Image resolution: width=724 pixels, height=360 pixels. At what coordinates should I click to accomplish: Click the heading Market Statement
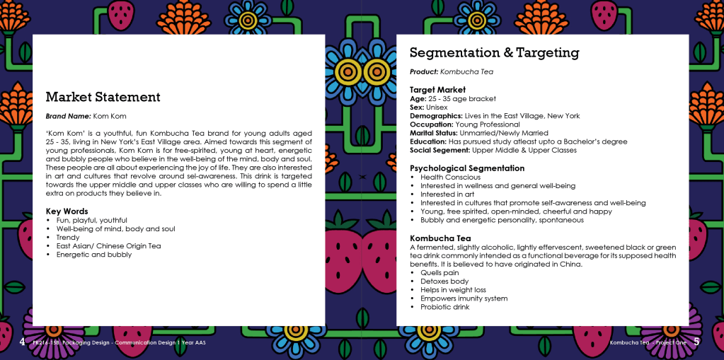[103, 97]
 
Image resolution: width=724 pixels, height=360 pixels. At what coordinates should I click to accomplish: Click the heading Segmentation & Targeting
[494, 53]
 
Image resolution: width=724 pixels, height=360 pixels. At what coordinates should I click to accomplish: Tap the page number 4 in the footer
[22, 342]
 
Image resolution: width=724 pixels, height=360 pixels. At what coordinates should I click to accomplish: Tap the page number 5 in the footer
[696, 342]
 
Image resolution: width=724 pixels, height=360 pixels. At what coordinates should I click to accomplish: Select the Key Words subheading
[67, 211]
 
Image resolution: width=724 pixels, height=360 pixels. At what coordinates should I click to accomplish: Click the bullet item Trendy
[69, 238]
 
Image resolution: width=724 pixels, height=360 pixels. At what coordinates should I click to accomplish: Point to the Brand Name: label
[68, 115]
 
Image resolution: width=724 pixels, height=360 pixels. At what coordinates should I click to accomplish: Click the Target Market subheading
[437, 90]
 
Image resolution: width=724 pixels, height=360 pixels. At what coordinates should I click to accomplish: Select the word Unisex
[442, 108]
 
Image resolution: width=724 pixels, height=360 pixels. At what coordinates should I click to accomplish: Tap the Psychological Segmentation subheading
[467, 168]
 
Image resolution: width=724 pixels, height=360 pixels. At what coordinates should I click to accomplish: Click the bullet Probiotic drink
[444, 307]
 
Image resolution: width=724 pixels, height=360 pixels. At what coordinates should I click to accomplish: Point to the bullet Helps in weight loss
[453, 290]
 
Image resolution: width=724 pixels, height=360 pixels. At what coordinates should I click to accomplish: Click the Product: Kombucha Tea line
[452, 71]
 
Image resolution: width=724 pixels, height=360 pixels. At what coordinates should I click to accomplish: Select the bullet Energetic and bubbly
[93, 255]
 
